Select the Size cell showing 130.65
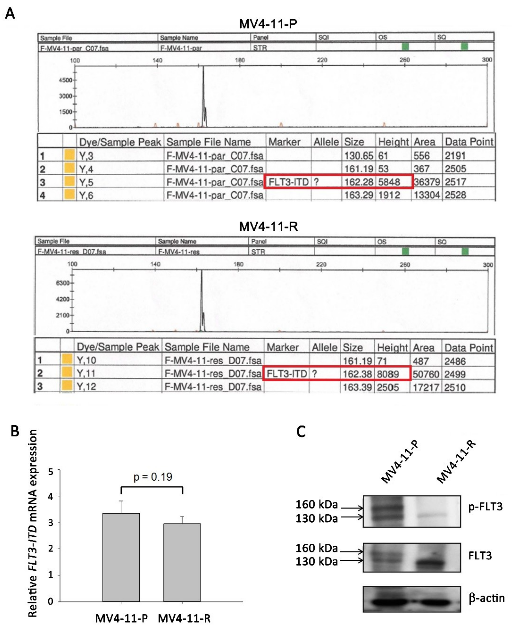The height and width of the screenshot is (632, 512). [359, 156]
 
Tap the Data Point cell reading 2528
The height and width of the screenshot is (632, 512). [455, 195]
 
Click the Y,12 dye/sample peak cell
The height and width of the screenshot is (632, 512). [86, 387]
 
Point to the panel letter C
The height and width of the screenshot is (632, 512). [301, 431]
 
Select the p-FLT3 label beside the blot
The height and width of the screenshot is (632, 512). [485, 506]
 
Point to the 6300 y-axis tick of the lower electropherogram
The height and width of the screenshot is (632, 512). [62, 283]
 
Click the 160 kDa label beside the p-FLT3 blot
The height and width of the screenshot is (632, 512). [317, 504]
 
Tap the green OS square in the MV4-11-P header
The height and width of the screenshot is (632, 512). [405, 46]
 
